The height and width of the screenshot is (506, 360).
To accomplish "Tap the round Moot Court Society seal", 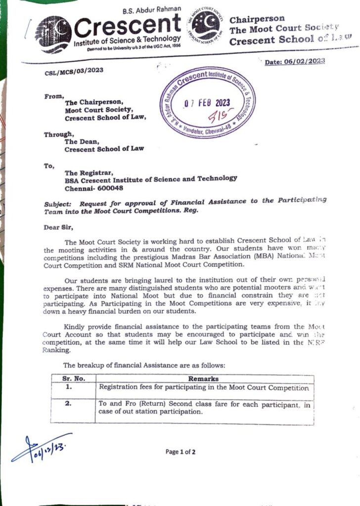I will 207,28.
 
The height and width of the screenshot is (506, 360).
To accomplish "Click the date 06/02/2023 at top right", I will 295,61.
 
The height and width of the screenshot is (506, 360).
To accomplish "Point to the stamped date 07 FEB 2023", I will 207,103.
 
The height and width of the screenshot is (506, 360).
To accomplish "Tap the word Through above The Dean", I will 58,134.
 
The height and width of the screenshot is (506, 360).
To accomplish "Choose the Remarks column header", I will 204,379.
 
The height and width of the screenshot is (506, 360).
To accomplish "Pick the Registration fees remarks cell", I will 204,388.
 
